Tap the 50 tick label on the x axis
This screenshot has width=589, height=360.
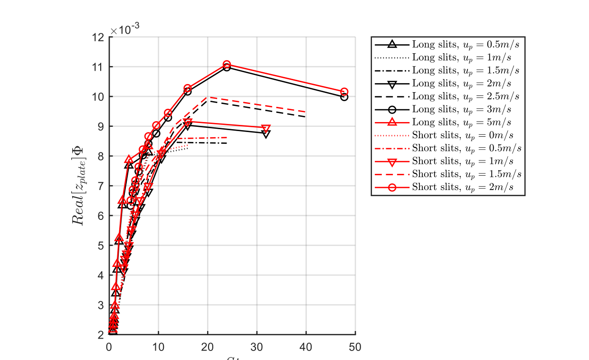pyautogui.click(x=355, y=347)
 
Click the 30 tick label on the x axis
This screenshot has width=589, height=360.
pyautogui.click(x=256, y=347)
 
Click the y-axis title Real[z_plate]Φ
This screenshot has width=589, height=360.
pyautogui.click(x=77, y=186)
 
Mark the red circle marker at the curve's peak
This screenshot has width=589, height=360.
pyautogui.click(x=227, y=65)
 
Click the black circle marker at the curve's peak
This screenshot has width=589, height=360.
pyautogui.click(x=227, y=67)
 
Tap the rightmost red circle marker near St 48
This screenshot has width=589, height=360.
pyautogui.click(x=344, y=92)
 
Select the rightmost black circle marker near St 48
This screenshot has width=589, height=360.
pyautogui.click(x=344, y=97)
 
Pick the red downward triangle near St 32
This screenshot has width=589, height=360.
pyautogui.click(x=266, y=129)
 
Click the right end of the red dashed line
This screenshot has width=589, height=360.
pyautogui.click(x=305, y=112)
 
